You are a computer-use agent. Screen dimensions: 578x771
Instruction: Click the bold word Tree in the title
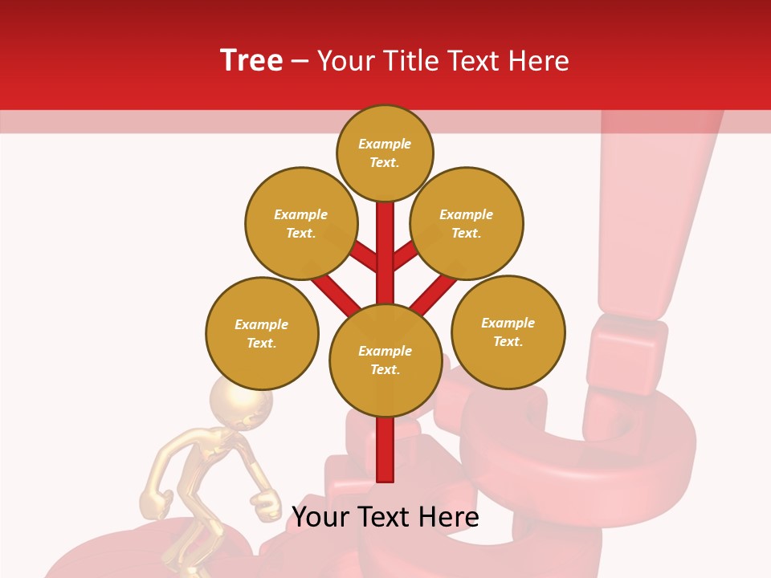(x=251, y=60)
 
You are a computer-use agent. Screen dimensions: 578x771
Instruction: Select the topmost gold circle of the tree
(x=385, y=153)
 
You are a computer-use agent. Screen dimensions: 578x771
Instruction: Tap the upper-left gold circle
(x=301, y=223)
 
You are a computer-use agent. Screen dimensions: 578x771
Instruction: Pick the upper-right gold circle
(x=467, y=223)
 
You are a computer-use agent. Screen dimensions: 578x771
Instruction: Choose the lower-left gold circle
(x=262, y=333)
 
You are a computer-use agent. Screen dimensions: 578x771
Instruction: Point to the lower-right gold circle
(x=508, y=332)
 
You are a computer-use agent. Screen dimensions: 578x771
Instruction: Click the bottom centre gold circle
(x=385, y=360)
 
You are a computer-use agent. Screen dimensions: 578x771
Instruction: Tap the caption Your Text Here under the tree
(x=385, y=517)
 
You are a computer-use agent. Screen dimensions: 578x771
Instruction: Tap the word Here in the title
(x=540, y=61)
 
